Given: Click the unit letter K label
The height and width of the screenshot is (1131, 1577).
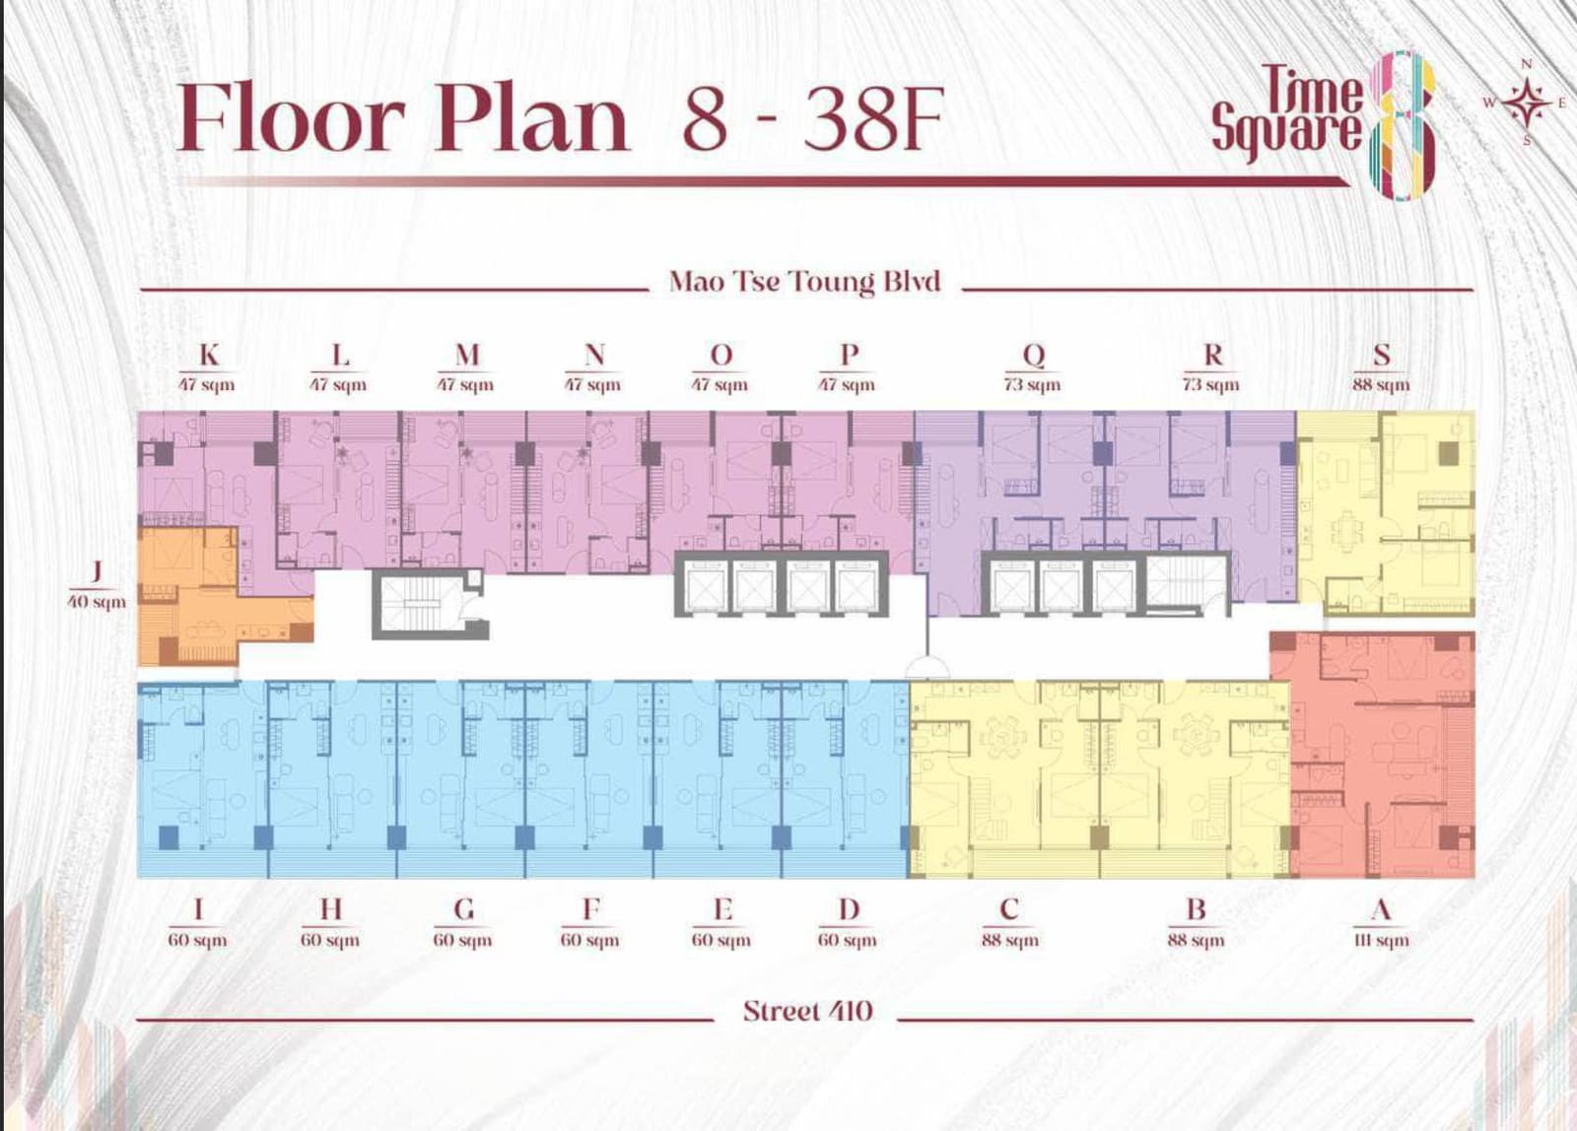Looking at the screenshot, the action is coord(209,356).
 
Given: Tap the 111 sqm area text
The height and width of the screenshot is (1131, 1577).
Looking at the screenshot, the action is coord(1381,940).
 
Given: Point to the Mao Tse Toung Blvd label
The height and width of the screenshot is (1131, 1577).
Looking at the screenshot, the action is coord(804,282).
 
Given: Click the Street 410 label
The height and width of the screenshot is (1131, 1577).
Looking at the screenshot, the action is coord(807,1012).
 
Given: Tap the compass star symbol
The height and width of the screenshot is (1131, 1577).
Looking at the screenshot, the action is coord(1527,102).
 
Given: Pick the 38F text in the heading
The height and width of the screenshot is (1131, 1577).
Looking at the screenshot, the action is coord(873,119).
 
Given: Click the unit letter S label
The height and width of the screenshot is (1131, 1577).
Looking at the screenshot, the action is coord(1382,356).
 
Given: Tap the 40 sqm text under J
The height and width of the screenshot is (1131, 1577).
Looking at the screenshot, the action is coord(97,603).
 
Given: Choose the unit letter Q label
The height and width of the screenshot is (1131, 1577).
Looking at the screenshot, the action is coord(1034,356).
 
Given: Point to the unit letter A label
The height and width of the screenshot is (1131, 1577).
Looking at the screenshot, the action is coord(1381,910).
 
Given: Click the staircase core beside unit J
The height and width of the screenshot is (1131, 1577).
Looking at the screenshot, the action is coord(430,604).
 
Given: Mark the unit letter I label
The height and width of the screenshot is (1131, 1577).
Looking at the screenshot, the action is coord(198,909).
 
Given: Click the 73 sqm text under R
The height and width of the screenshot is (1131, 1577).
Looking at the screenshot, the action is coord(1211,385).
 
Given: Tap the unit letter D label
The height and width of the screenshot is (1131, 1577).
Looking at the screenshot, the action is coord(849,909).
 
